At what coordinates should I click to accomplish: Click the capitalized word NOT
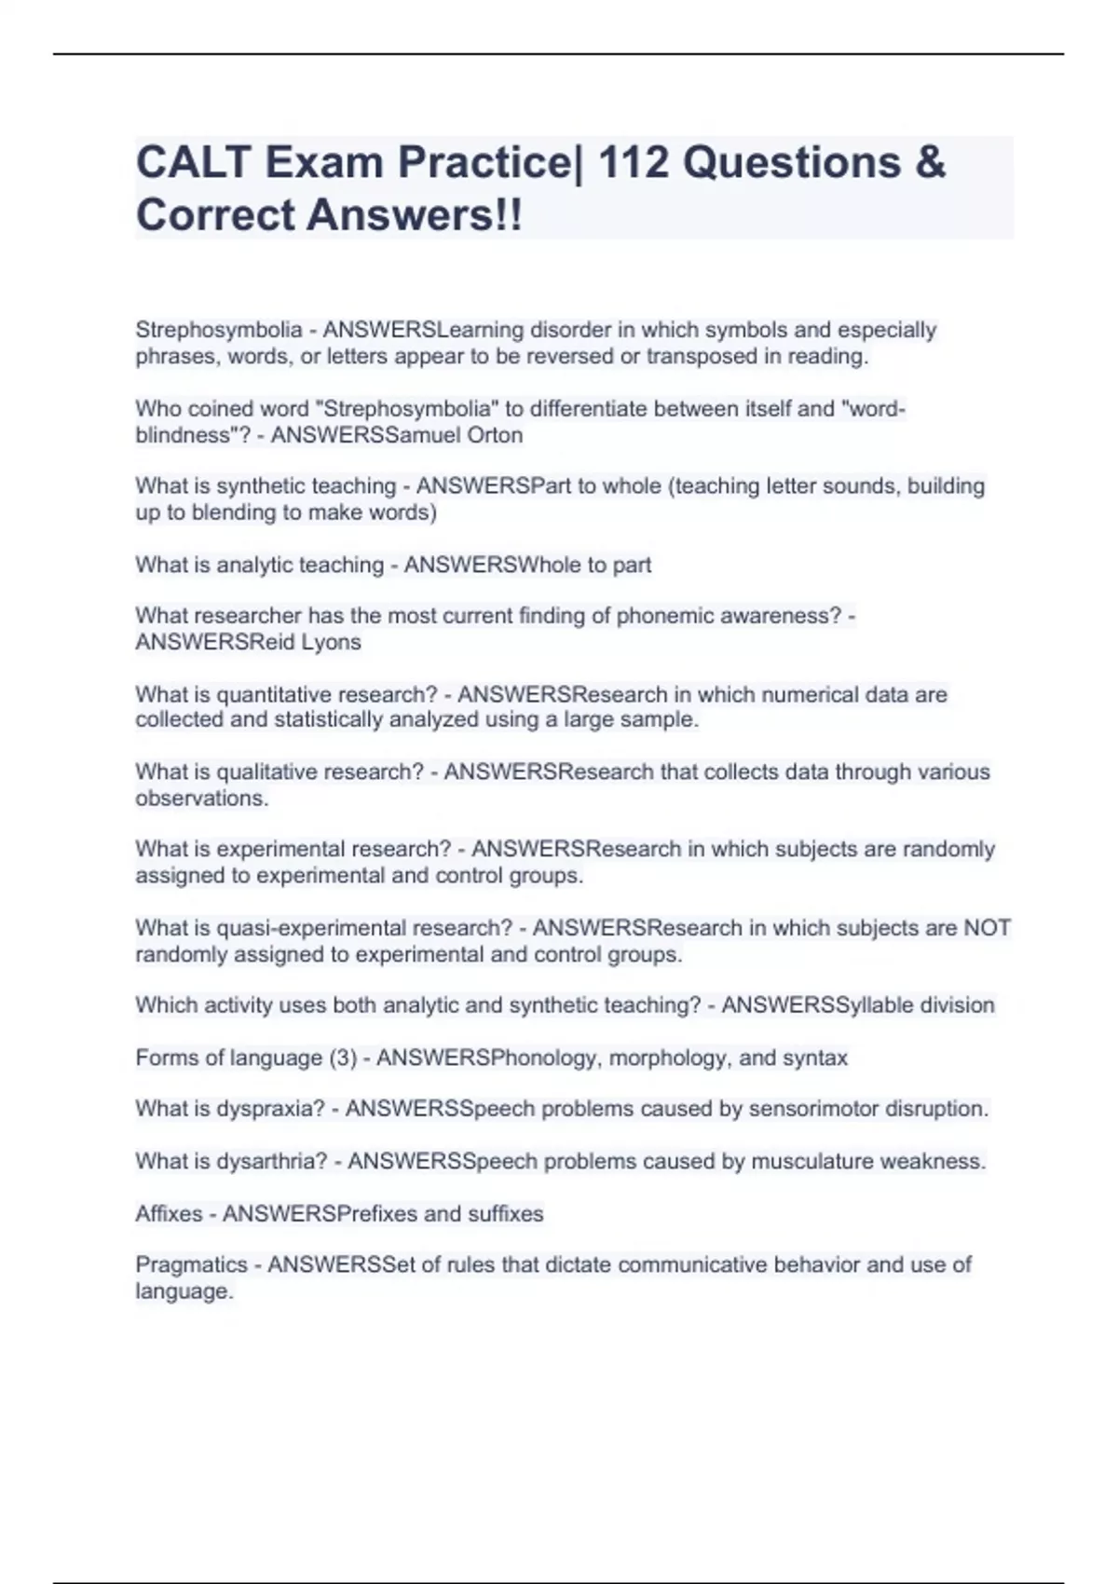(x=987, y=928)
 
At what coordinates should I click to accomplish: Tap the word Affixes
(x=169, y=1213)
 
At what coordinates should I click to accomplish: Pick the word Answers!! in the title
(x=415, y=215)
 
